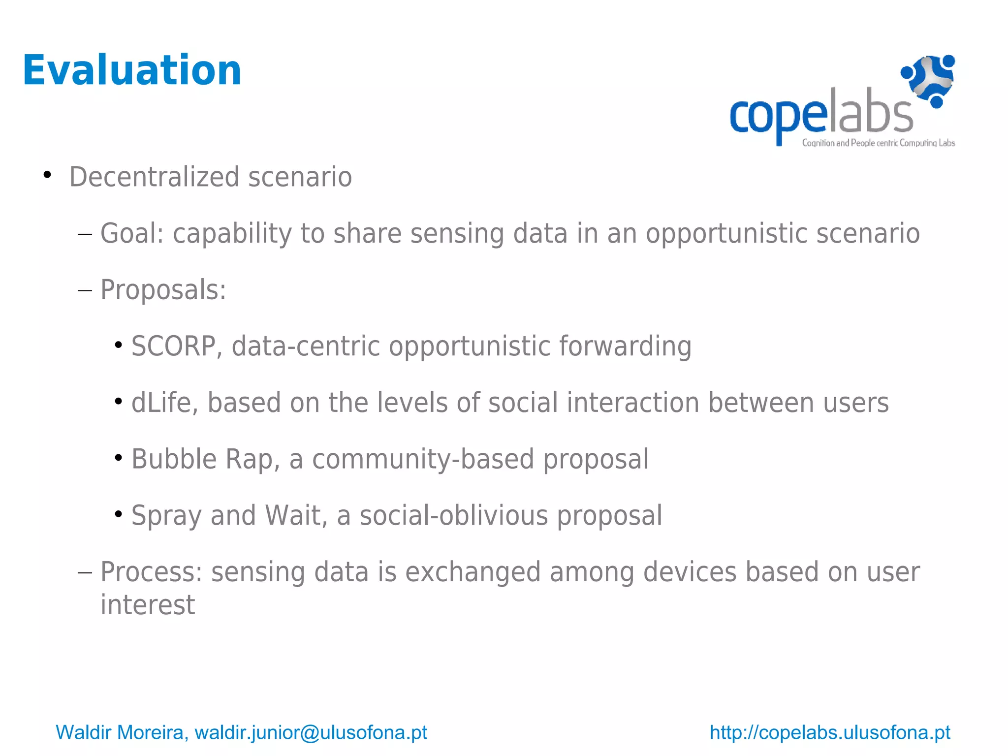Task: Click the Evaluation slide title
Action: (132, 70)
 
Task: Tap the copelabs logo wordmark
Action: (821, 115)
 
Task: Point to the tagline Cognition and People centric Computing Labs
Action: (878, 143)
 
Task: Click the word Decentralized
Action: (154, 177)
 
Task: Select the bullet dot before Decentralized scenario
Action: (47, 175)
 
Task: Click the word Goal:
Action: (132, 233)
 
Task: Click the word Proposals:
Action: (163, 290)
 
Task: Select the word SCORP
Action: (173, 346)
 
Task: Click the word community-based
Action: (423, 459)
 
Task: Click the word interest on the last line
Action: (148, 605)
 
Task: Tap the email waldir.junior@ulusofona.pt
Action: (311, 732)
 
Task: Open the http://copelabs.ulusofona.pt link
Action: (830, 732)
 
